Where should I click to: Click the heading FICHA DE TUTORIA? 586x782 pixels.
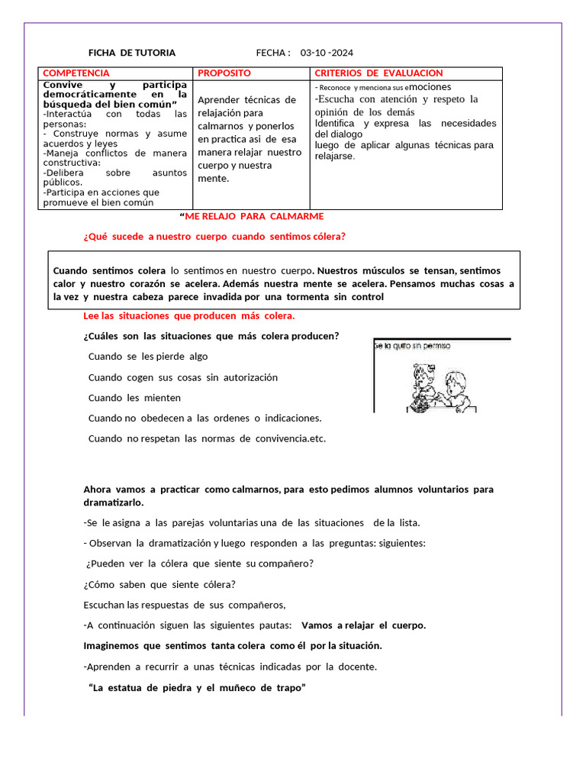click(x=132, y=53)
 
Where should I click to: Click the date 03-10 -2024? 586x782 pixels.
click(x=327, y=53)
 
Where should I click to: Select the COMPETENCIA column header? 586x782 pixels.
click(x=76, y=73)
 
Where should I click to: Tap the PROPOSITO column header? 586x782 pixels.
click(x=224, y=73)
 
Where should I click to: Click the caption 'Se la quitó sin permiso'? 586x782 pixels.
click(x=413, y=346)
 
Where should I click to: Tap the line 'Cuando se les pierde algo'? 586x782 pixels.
click(x=148, y=357)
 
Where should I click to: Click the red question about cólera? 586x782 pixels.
click(x=214, y=237)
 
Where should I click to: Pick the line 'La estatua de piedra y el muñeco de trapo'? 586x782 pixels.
click(x=198, y=687)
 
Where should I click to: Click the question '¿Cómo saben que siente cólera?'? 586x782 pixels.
click(x=159, y=585)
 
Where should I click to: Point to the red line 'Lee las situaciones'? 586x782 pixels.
click(x=188, y=316)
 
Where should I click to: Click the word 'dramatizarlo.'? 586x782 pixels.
click(x=113, y=503)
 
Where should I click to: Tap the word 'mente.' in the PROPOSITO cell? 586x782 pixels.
click(x=213, y=179)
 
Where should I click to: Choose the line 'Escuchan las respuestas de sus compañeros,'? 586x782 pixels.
click(x=184, y=605)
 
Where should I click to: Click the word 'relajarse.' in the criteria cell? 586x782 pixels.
click(x=335, y=156)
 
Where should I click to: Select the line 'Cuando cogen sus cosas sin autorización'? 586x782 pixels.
click(x=183, y=377)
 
